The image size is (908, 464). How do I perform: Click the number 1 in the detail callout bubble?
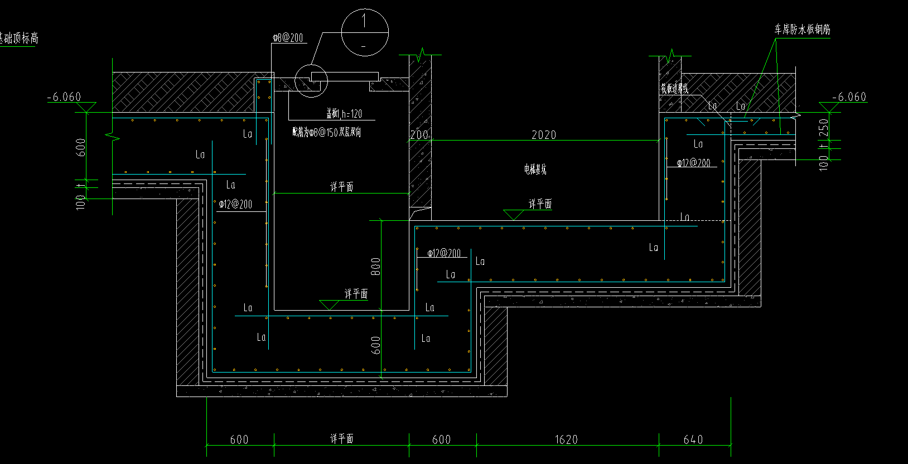364,22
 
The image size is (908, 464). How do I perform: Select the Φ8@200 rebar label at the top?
288,38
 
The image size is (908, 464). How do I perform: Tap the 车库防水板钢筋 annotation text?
802,30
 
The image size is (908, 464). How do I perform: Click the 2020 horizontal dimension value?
544,134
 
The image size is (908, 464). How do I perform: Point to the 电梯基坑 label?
535,169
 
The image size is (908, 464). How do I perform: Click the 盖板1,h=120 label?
344,114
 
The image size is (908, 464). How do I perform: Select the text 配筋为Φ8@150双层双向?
327,132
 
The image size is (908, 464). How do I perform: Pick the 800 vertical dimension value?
376,267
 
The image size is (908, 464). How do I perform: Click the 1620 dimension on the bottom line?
566,439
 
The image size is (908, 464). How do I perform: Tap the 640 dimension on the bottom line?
693,439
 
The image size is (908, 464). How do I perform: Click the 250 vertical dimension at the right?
824,130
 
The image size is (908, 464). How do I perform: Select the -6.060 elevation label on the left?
64,97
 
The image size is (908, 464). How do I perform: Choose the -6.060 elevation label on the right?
849,97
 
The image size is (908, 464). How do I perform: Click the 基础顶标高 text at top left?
18,38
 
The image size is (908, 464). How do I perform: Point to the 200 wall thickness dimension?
419,134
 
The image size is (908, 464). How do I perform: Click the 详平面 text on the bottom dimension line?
341,439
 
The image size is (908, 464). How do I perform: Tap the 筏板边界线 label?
675,88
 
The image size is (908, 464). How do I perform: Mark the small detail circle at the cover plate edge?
311,80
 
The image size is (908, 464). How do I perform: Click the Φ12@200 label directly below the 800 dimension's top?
444,253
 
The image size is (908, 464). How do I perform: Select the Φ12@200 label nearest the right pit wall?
694,163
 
